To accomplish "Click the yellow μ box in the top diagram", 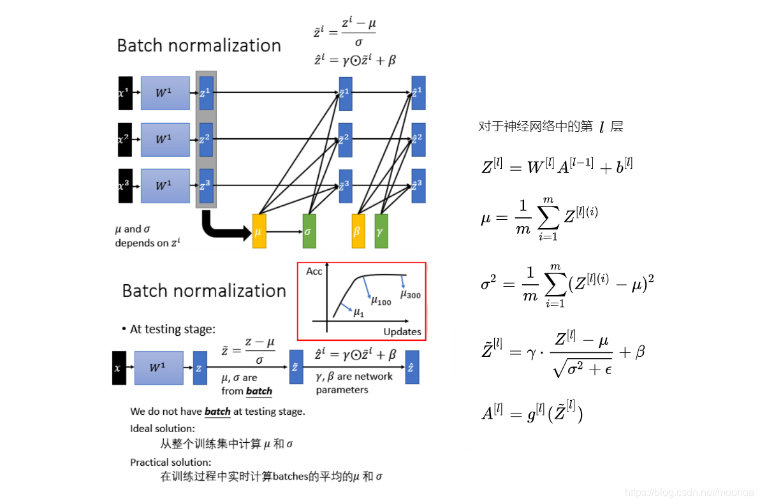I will click(259, 231).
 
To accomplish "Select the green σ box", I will click(309, 231).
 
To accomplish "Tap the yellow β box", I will click(358, 231).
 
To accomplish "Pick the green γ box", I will click(381, 231).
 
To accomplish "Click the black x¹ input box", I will click(125, 93).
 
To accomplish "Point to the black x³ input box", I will click(125, 186).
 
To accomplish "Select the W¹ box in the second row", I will click(165, 140).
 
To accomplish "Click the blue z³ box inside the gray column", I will click(206, 185).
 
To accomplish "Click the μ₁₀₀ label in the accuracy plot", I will click(381, 301).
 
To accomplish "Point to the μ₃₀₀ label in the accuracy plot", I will click(411, 294).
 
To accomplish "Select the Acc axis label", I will click(314, 271).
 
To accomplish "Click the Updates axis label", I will click(402, 331).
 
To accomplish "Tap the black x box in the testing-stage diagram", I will click(119, 368).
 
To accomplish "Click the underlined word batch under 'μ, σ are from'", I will click(259, 391).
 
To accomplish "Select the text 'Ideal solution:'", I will click(163, 428).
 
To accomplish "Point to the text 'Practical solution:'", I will click(170, 462).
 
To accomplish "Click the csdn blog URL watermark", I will click(689, 493).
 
